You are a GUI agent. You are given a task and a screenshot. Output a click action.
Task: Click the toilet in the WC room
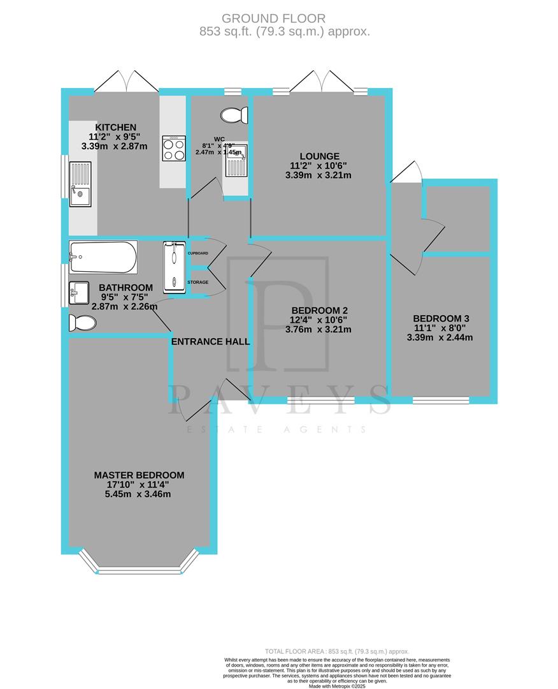pos(234,115)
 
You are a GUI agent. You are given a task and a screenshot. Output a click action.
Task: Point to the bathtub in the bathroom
pos(103,256)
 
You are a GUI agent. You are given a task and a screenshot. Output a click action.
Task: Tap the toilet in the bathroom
pos(82,324)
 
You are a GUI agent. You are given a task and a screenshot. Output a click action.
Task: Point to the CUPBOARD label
pos(197,253)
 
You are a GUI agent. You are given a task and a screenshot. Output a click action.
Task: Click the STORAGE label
pos(197,282)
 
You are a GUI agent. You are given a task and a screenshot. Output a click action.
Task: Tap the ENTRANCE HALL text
pos(210,342)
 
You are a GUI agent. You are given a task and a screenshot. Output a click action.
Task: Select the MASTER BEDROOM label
pos(139,475)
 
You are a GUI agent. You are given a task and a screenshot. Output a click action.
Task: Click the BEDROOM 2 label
pos(319,311)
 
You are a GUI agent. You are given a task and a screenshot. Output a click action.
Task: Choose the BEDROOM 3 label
pos(441,318)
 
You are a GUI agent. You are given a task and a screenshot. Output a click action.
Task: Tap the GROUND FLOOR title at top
pos(279,19)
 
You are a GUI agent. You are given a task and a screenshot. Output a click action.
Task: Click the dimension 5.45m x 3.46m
pos(139,494)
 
